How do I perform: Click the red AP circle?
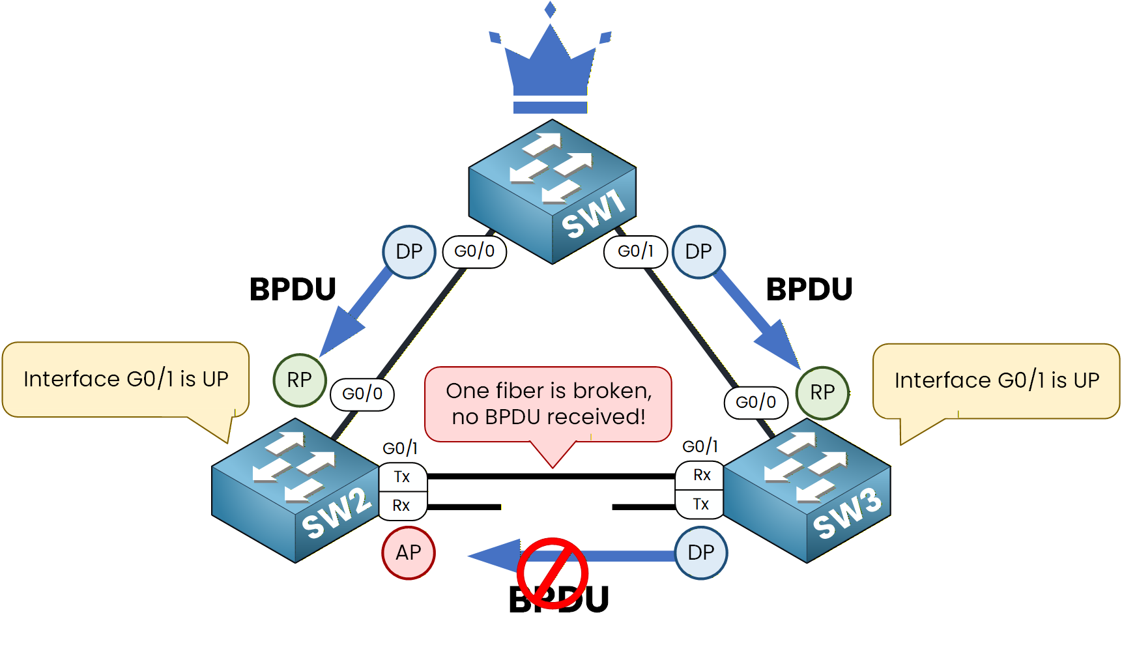coord(409,553)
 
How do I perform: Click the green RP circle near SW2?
coord(300,380)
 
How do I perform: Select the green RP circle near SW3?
coord(822,392)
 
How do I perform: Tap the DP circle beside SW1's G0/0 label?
coord(409,251)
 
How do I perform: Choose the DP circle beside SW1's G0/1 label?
coord(698,251)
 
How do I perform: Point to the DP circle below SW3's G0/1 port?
coord(701,553)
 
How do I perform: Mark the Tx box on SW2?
coord(403,477)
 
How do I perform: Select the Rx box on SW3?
coord(701,475)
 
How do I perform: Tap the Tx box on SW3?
coord(701,504)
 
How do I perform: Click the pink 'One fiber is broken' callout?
coord(548,404)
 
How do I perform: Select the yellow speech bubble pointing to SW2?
coord(126,379)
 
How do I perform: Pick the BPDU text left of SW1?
coord(293,289)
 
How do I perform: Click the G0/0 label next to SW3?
coord(756,402)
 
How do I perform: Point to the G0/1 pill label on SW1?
coord(635,251)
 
